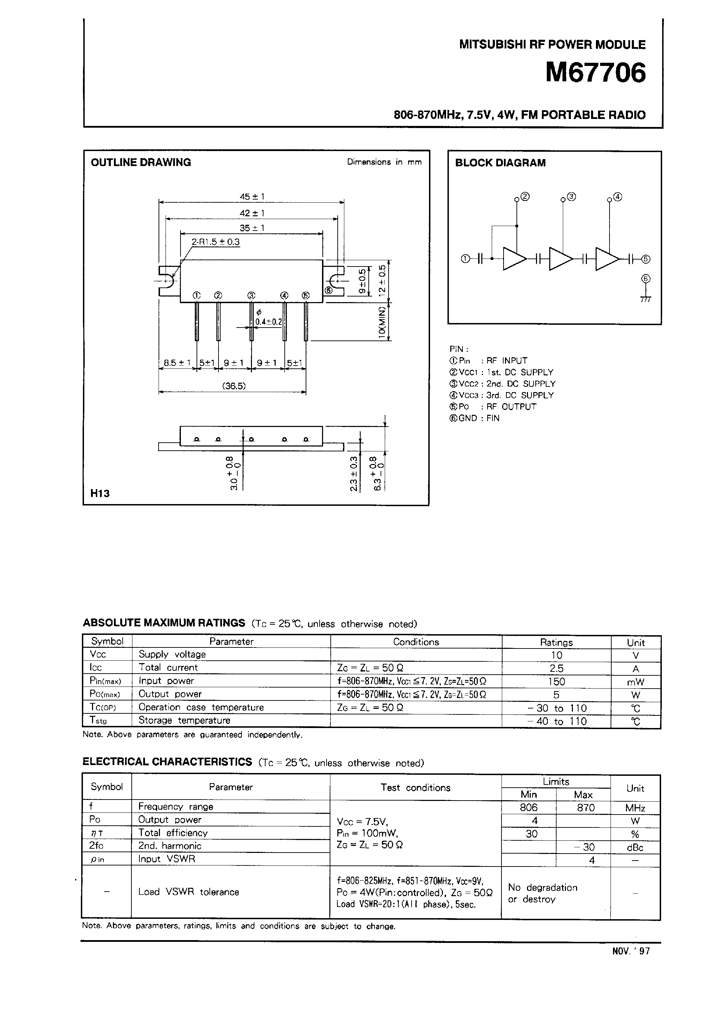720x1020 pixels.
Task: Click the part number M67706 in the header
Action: [x=596, y=73]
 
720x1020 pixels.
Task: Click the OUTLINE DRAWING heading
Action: [x=141, y=163]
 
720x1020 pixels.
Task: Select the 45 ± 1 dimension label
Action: [x=252, y=196]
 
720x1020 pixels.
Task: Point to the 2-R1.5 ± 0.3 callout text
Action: [x=215, y=242]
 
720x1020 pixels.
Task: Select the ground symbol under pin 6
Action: [x=646, y=298]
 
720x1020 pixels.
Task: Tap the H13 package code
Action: [x=100, y=493]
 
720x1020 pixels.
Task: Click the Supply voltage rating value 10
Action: [x=556, y=655]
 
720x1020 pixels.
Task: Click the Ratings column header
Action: [x=556, y=643]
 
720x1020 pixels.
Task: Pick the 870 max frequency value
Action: [x=585, y=808]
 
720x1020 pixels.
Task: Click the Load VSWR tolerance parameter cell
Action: [x=189, y=892]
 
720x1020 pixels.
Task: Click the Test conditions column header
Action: [x=415, y=788]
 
